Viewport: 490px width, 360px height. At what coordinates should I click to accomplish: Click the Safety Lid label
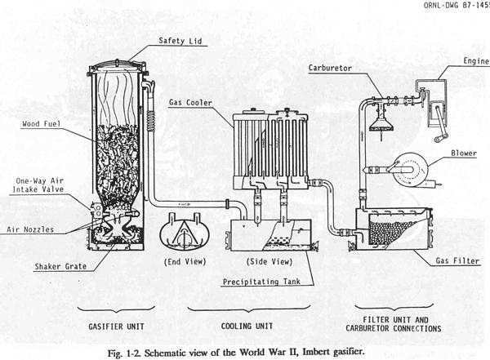pyautogui.click(x=180, y=41)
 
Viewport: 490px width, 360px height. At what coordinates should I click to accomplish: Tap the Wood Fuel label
pyautogui.click(x=41, y=124)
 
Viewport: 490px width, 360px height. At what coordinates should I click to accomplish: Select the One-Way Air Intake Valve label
pyautogui.click(x=38, y=185)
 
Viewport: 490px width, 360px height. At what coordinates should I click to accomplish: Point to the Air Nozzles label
pyautogui.click(x=30, y=229)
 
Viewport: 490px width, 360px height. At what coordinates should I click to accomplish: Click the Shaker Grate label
pyautogui.click(x=60, y=267)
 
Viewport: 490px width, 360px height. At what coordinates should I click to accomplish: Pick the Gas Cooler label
pyautogui.click(x=190, y=103)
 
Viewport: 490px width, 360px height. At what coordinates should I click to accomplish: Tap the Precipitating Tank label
pyautogui.click(x=261, y=282)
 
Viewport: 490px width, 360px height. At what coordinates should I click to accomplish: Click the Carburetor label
pyautogui.click(x=330, y=68)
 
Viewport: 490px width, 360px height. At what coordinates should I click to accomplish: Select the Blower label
pyautogui.click(x=464, y=153)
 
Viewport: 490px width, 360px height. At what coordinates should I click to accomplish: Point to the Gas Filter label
pyautogui.click(x=457, y=260)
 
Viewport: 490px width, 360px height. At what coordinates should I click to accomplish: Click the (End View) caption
pyautogui.click(x=185, y=261)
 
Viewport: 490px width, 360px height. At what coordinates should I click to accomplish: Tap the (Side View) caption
pyautogui.click(x=269, y=261)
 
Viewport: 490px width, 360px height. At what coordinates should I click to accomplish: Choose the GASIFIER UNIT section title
pyautogui.click(x=116, y=327)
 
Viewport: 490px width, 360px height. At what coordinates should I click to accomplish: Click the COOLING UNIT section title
pyautogui.click(x=247, y=326)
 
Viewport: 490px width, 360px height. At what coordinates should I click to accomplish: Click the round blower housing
pyautogui.click(x=410, y=169)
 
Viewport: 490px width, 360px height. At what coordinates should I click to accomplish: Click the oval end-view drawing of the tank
pyautogui.click(x=185, y=232)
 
